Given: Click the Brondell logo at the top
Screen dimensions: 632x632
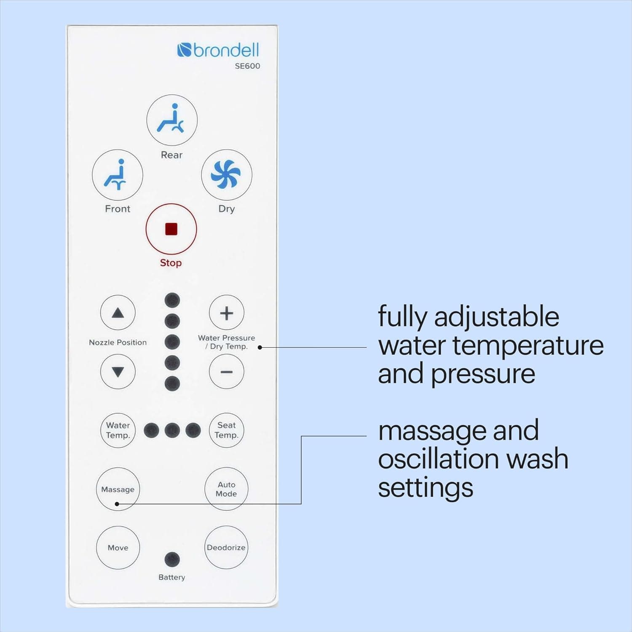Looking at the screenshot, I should click(x=218, y=50).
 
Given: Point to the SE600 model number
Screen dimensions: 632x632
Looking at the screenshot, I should click(x=247, y=66).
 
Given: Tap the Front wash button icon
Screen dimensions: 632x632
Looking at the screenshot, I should click(x=118, y=175).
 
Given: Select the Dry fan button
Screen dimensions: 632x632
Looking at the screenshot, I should click(x=226, y=174).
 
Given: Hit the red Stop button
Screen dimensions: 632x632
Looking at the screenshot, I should click(x=171, y=229).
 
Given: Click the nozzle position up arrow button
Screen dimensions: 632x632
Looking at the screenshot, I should click(x=118, y=313).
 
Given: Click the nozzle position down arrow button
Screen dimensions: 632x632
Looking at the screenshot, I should click(x=118, y=372).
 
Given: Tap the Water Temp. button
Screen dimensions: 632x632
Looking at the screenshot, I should click(x=118, y=430).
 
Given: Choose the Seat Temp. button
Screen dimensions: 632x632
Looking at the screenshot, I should click(x=226, y=430).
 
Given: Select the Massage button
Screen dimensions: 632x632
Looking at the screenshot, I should click(x=118, y=489).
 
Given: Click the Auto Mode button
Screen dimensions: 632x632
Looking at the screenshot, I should click(x=226, y=489).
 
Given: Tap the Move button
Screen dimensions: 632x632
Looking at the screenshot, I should click(x=118, y=548).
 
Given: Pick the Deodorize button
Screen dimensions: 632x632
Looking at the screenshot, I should click(x=226, y=547).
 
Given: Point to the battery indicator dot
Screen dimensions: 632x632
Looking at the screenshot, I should click(x=172, y=560).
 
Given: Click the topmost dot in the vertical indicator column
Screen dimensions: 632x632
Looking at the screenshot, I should click(x=172, y=300).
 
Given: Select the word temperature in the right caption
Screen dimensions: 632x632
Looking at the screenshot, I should click(x=528, y=346).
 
